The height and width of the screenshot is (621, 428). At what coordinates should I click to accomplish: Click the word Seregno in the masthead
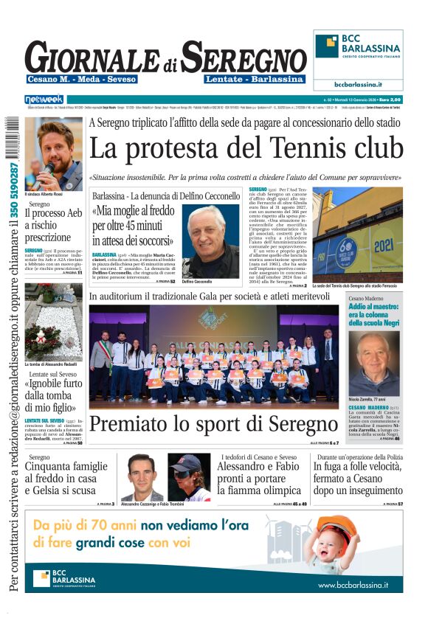[x=244, y=58]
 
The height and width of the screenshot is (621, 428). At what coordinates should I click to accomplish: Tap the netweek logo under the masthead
[x=44, y=100]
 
